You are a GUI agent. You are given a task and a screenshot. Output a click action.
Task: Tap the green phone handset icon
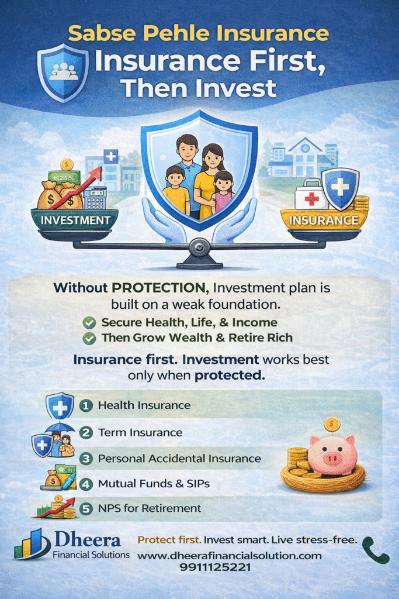point(375,550)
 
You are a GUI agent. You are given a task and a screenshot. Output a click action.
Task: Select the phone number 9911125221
point(216,567)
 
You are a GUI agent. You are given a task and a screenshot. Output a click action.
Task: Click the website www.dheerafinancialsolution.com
point(229,556)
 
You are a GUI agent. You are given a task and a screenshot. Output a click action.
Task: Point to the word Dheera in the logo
point(88,540)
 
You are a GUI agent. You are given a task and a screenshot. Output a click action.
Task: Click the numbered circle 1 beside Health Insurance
point(86,405)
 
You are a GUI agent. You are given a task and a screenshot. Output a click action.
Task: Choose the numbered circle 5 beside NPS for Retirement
point(86,508)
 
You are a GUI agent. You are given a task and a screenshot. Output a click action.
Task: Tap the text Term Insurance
point(140,432)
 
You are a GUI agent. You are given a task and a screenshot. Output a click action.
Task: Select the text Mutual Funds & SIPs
point(154,484)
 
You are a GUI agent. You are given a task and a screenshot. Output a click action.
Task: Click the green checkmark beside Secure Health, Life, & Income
point(89,323)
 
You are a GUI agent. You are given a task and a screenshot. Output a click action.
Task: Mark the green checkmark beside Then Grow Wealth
point(89,339)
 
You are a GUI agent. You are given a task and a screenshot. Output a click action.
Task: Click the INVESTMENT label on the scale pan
point(75,221)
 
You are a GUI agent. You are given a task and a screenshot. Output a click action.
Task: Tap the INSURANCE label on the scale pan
point(324,221)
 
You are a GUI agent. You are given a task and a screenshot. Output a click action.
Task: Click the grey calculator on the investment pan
point(95,198)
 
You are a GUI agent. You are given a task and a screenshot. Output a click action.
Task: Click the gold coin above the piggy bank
point(332,425)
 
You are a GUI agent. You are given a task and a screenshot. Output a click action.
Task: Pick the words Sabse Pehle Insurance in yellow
point(199,33)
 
